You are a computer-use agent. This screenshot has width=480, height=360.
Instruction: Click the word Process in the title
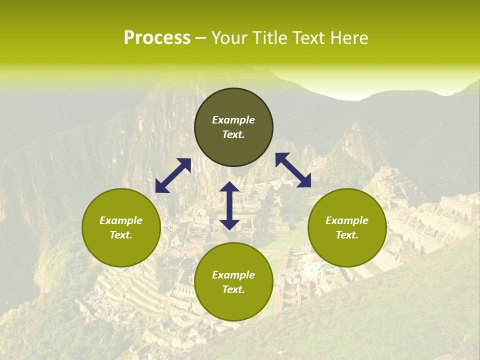[x=157, y=38]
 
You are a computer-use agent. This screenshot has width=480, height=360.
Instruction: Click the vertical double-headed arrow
[x=229, y=205]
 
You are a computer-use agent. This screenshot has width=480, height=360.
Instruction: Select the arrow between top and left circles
[x=173, y=175]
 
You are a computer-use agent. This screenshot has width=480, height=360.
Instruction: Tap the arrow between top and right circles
[x=293, y=170]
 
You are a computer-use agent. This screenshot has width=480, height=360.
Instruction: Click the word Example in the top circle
[x=233, y=120]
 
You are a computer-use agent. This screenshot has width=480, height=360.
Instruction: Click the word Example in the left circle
[x=121, y=220]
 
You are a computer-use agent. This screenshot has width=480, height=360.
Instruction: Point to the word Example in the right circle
[x=347, y=220]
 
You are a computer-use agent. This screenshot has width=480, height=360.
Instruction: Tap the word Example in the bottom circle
[x=233, y=275]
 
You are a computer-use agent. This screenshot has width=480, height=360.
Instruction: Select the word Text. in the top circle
[x=233, y=134]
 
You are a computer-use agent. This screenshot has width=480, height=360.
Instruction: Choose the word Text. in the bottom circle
[x=233, y=289]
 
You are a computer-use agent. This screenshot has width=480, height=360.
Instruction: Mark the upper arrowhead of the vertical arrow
[x=229, y=188]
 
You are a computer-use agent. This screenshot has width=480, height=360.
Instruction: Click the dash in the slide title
[x=200, y=38]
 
